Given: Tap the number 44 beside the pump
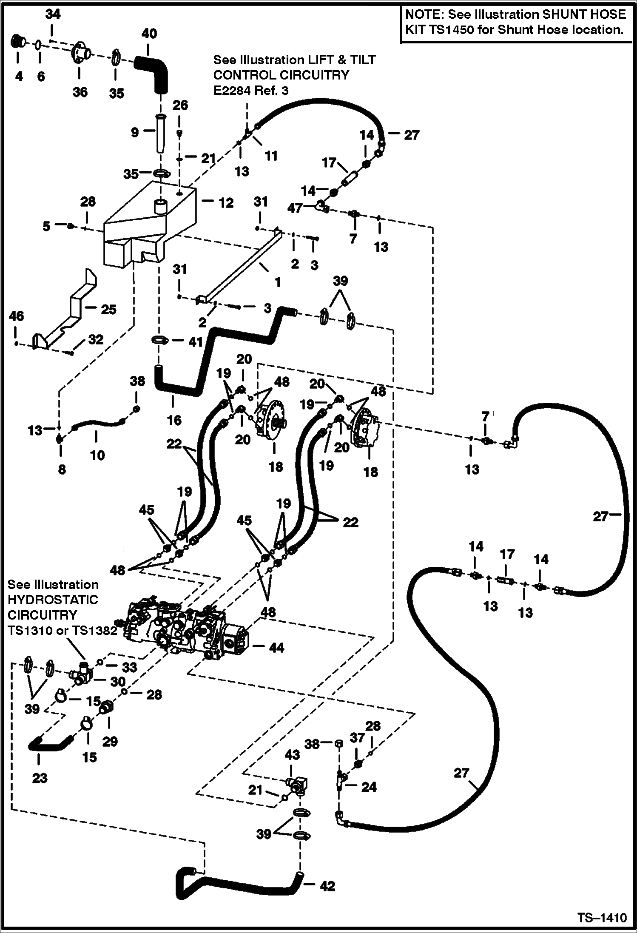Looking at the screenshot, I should [276, 648].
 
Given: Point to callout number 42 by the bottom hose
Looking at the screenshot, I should [327, 886].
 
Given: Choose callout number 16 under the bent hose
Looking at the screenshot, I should [174, 420].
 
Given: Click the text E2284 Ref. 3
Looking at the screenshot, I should [251, 90].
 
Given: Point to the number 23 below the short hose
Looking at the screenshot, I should [40, 778].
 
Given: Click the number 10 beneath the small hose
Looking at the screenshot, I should [97, 455].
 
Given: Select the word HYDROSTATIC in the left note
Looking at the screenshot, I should [53, 600].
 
